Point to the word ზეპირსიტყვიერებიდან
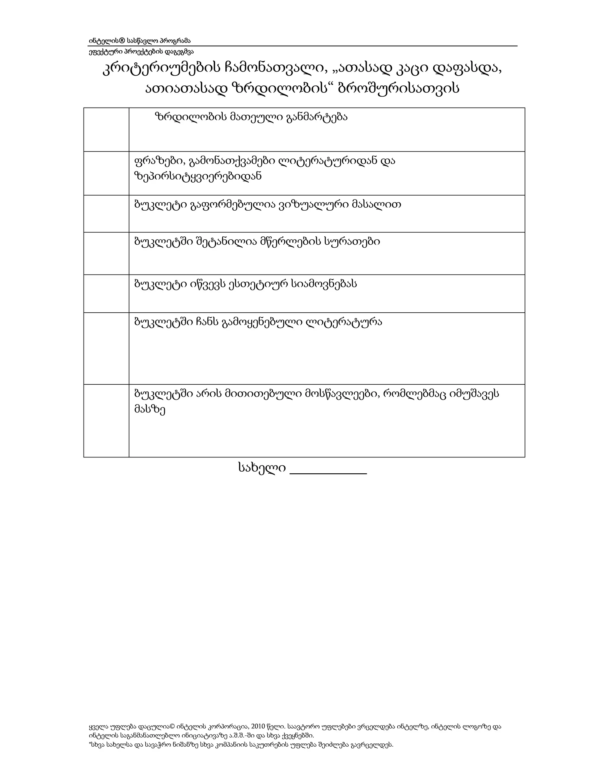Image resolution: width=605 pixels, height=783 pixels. tap(198, 176)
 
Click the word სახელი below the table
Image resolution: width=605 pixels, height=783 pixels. tap(262, 467)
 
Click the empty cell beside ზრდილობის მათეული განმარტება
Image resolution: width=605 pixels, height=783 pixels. tap(106, 129)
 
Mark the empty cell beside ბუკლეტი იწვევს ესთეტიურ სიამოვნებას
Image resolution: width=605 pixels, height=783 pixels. tap(106, 294)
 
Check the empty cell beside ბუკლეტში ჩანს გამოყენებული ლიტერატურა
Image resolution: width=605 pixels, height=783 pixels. tap(106, 348)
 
